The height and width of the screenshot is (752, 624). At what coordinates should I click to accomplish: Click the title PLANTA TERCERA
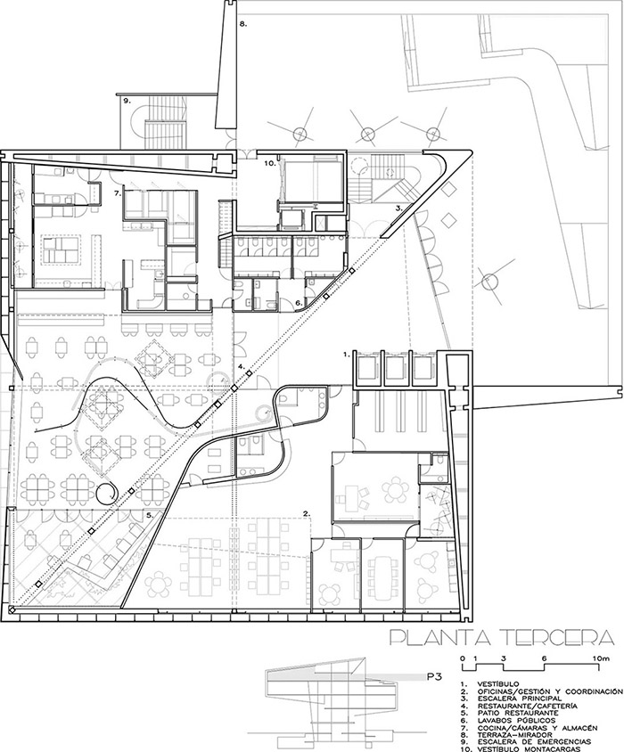[x=502, y=636]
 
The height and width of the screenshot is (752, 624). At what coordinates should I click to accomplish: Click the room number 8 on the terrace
[x=242, y=23]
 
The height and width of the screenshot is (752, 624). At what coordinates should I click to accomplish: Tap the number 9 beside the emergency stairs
[x=127, y=101]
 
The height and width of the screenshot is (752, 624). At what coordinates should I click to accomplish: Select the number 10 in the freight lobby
[x=270, y=163]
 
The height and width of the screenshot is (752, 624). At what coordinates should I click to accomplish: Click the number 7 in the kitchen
[x=117, y=193]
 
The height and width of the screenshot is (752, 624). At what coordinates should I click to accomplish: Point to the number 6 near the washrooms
[x=298, y=303]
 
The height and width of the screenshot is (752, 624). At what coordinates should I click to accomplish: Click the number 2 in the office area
[x=306, y=512]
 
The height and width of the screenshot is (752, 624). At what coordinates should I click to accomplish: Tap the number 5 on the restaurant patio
[x=150, y=515]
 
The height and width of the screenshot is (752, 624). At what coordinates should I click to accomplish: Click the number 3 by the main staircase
[x=398, y=208]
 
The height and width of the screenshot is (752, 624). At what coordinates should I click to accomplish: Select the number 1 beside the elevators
[x=345, y=355]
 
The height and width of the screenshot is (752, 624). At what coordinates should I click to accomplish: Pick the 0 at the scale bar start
[x=463, y=659]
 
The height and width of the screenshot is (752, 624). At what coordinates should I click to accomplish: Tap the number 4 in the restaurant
[x=240, y=366]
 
